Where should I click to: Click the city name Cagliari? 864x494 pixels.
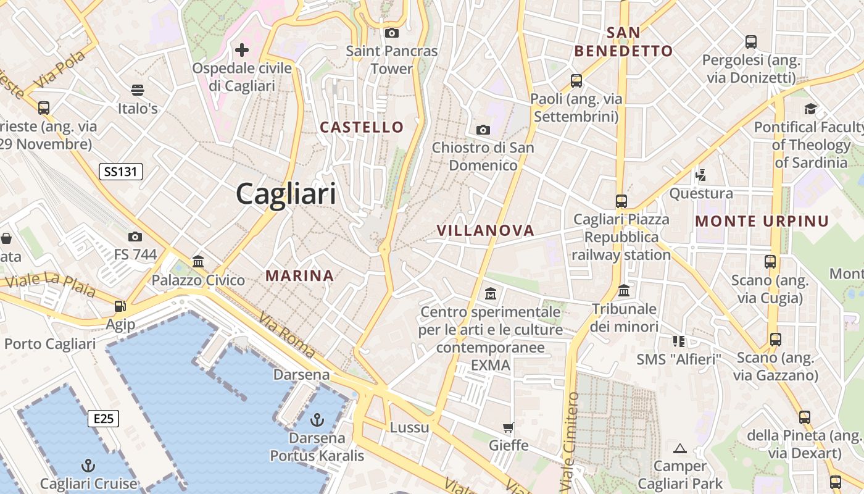click(x=286, y=194)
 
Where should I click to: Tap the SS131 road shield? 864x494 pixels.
click(x=121, y=172)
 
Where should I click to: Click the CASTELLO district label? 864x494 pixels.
click(x=362, y=127)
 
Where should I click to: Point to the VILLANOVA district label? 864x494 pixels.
click(x=485, y=230)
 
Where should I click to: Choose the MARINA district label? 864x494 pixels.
click(x=300, y=275)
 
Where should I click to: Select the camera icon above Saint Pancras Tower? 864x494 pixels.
click(x=391, y=33)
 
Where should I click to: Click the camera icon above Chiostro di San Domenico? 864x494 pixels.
click(x=483, y=130)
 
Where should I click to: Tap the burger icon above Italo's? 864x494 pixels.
click(x=138, y=90)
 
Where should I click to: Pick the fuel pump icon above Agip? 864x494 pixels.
click(x=120, y=306)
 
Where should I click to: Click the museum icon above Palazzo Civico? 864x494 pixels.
click(x=198, y=262)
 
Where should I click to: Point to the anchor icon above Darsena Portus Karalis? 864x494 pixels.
click(x=317, y=421)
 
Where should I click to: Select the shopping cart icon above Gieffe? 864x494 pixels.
click(x=509, y=427)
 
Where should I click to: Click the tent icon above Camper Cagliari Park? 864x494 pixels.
click(x=680, y=448)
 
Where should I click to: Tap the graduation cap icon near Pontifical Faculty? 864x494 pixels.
click(x=810, y=109)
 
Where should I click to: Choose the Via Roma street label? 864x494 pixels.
click(x=287, y=336)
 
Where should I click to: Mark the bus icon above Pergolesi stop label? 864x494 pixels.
click(x=751, y=42)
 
